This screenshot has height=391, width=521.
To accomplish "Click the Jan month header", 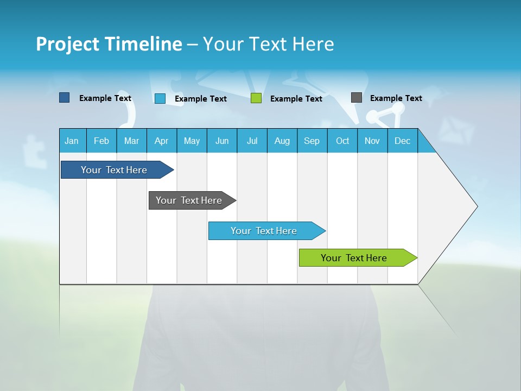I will click(x=72, y=141).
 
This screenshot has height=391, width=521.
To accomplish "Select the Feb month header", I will click(x=101, y=141).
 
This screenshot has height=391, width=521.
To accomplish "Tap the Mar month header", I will click(x=131, y=141).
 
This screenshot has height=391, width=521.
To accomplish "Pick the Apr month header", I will click(x=162, y=141).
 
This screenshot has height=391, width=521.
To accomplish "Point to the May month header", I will click(x=192, y=141).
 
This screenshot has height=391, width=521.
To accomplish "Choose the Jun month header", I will click(x=222, y=141).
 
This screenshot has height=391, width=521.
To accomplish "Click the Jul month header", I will click(x=252, y=141).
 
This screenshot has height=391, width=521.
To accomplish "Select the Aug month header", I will click(x=282, y=141).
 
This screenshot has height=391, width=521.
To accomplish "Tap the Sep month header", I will click(x=312, y=141).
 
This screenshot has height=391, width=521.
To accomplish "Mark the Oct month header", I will click(x=342, y=141).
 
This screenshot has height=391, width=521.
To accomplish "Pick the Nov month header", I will click(x=372, y=141).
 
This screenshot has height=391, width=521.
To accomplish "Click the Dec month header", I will click(x=403, y=141).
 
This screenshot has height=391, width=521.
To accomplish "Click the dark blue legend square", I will click(x=64, y=98).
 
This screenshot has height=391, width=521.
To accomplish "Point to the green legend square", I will click(x=256, y=98).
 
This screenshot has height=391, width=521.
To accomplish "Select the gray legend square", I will click(x=356, y=98).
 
